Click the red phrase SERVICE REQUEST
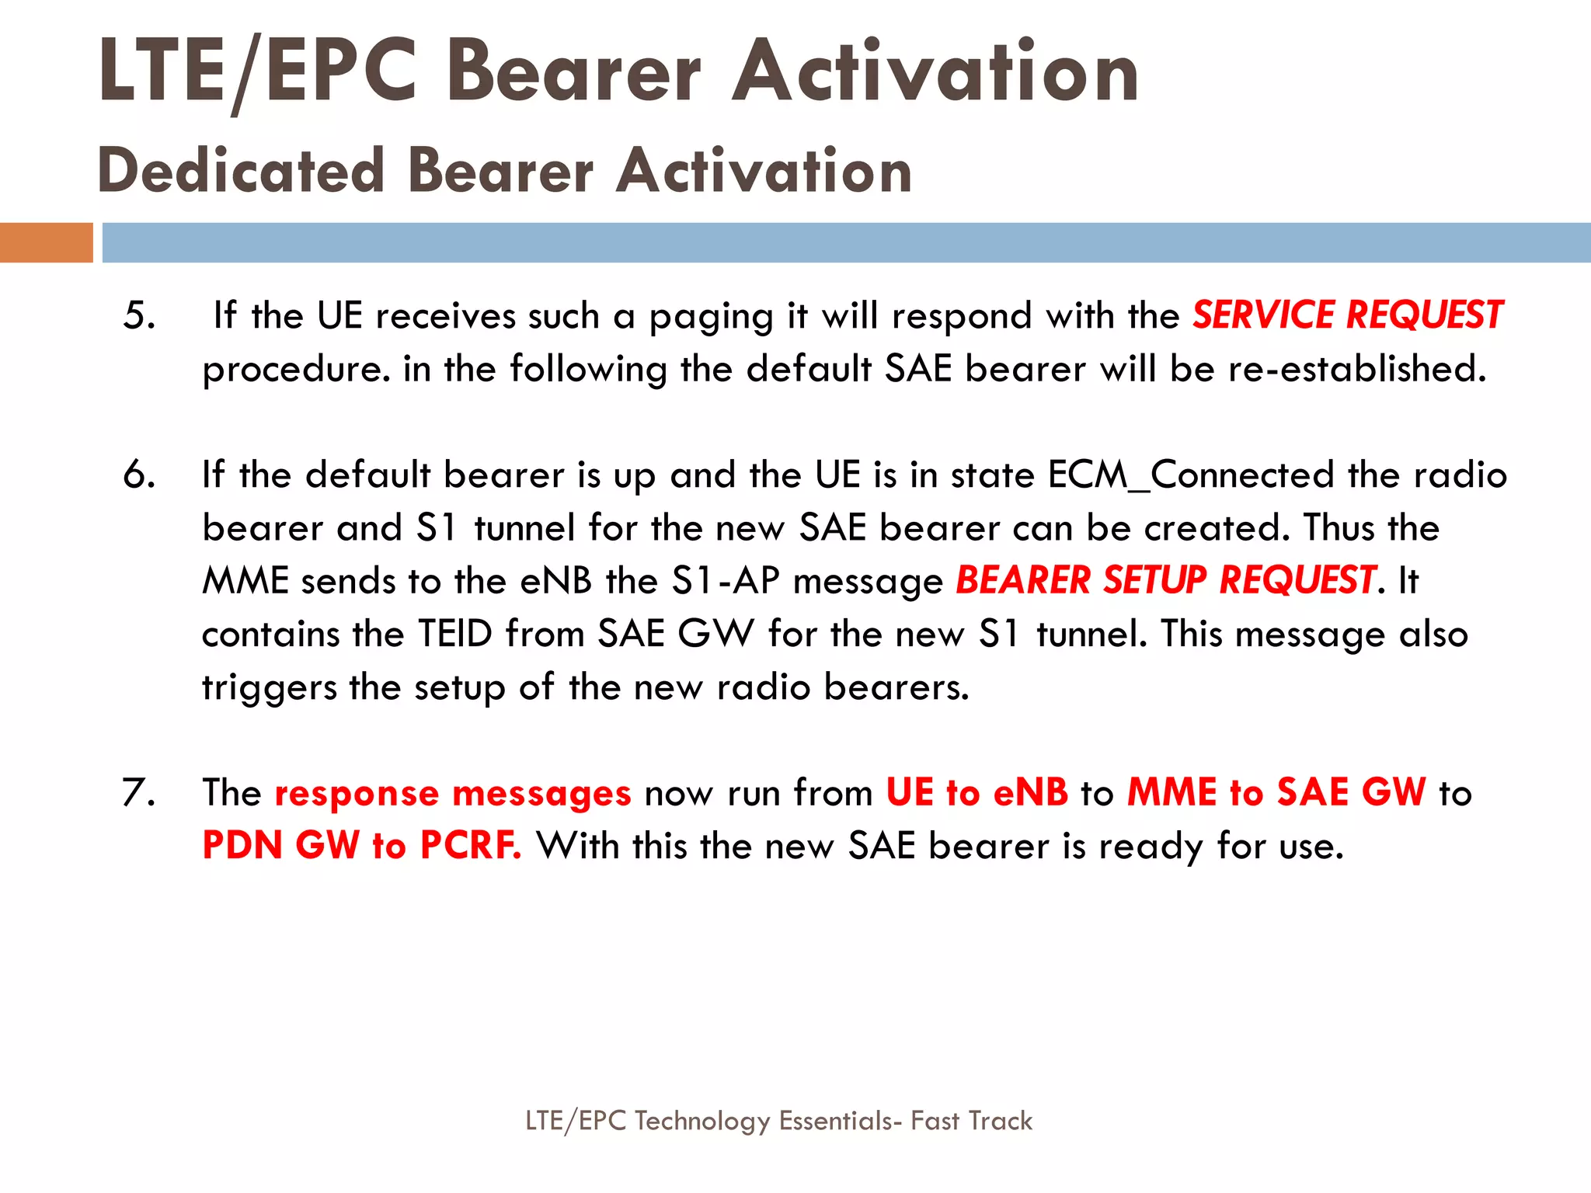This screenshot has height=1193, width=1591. pyautogui.click(x=1347, y=315)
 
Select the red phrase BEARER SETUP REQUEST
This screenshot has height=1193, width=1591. pyautogui.click(x=1165, y=580)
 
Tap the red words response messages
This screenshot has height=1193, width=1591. pyautogui.click(x=453, y=793)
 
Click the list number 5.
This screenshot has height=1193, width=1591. pyautogui.click(x=139, y=316)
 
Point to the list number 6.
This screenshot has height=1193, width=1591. pyautogui.click(x=139, y=475)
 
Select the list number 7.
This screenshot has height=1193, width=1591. pyautogui.click(x=139, y=793)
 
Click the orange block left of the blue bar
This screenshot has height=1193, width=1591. pyautogui.click(x=46, y=242)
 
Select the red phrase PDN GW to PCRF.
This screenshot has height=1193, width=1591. pyautogui.click(x=361, y=845)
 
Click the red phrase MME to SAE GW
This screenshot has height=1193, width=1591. pyautogui.click(x=1276, y=793)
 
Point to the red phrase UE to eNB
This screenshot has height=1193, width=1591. pyautogui.click(x=977, y=793)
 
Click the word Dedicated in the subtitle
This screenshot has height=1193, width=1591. pyautogui.click(x=242, y=171)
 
